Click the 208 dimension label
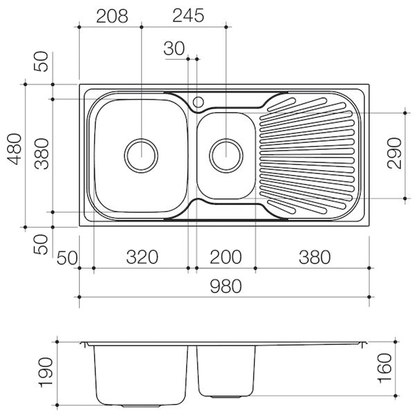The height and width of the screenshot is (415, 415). (111, 16)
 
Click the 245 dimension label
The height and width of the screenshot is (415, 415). (188, 16)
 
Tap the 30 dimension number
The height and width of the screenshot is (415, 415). (174, 49)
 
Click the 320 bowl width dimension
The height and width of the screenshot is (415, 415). (142, 257)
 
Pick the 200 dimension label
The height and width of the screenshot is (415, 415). (226, 257)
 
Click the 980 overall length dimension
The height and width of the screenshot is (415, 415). (226, 286)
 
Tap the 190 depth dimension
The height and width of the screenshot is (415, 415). (45, 372)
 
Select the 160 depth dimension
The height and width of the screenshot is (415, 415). (384, 369)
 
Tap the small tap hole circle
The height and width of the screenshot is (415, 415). (198, 102)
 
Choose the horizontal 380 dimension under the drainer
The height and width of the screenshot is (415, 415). (314, 257)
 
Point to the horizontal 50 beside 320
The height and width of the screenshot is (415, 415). (67, 258)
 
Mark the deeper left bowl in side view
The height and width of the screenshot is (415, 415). (141, 375)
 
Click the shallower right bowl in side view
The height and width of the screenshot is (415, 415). (226, 371)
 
